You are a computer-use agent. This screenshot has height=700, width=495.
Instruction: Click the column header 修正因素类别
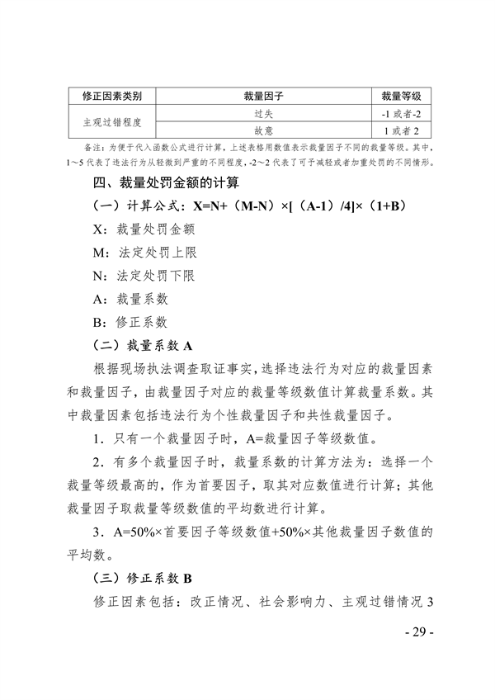click(112, 96)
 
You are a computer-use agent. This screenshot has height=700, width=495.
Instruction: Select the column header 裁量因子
click(263, 96)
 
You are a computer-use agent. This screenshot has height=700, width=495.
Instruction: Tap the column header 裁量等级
click(400, 96)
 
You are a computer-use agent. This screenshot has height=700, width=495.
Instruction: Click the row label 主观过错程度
click(112, 121)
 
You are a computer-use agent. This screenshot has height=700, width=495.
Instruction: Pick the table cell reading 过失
click(263, 113)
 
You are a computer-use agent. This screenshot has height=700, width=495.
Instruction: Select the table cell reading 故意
click(263, 130)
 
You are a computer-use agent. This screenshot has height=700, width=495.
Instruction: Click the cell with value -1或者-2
click(400, 113)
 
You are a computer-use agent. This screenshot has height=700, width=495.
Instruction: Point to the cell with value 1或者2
click(400, 130)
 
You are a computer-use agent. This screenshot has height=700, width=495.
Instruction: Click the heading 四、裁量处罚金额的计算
click(167, 182)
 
